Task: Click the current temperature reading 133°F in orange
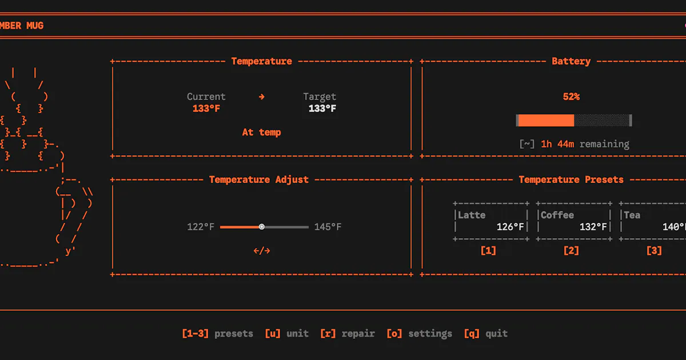pos(206,109)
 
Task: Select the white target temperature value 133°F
pos(322,109)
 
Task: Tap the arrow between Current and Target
pos(262,97)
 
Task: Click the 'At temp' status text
pos(262,132)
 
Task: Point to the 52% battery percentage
pos(571,97)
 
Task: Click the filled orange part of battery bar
pos(546,121)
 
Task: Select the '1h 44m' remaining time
pos(557,144)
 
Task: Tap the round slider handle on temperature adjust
pos(262,227)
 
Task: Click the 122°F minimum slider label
pos(201,227)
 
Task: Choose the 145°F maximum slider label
pos(328,227)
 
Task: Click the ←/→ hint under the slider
pos(262,251)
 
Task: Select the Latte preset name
pos(472,215)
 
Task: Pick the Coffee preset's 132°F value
pos(593,227)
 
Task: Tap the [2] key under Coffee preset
pos(571,251)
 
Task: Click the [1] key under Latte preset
pos(488,251)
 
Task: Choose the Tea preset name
pos(632,215)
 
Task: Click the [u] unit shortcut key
pos(273,333)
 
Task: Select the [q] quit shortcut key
pos(472,333)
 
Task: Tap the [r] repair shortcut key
pos(328,333)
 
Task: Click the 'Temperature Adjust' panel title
pos(259,179)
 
